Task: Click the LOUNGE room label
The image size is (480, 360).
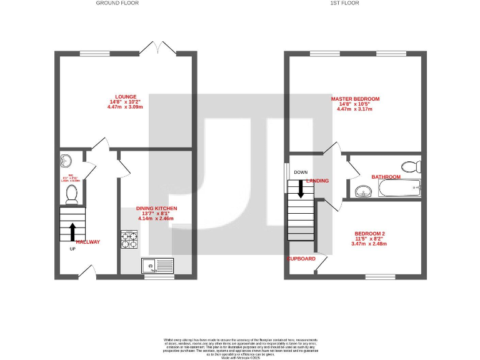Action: click(x=125, y=96)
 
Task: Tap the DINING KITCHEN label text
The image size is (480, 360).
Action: click(x=156, y=207)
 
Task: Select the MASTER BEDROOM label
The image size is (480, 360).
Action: click(x=355, y=99)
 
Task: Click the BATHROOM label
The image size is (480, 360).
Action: click(x=386, y=177)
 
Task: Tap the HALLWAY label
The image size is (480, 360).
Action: click(x=87, y=241)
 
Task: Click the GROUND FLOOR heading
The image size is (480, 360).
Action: click(x=117, y=3)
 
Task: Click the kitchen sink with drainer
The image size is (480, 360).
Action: click(x=157, y=266)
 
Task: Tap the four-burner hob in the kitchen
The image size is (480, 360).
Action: click(x=129, y=238)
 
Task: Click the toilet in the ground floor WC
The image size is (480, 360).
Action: click(x=71, y=194)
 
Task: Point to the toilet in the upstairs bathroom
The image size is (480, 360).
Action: click(x=409, y=166)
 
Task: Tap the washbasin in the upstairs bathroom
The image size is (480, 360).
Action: click(x=363, y=191)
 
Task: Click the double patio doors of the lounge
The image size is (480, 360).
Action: click(x=157, y=48)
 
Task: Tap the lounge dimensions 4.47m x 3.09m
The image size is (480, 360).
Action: click(x=125, y=107)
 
